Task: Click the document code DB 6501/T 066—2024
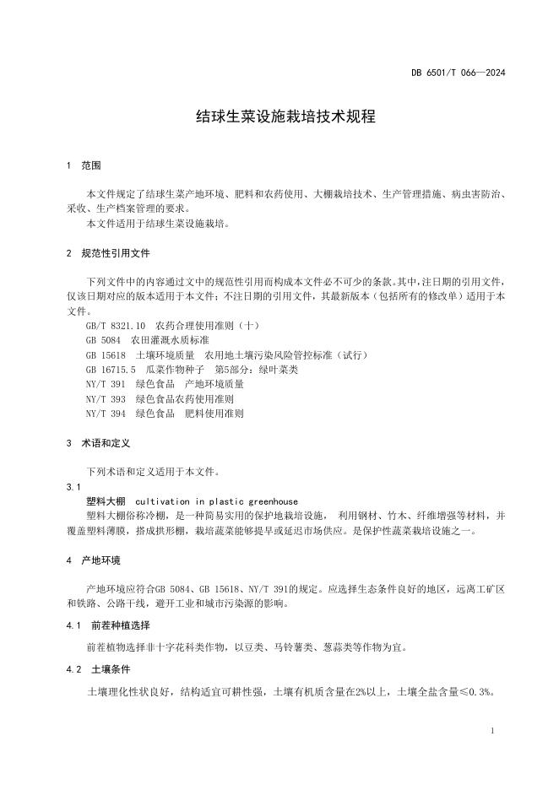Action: click(x=464, y=73)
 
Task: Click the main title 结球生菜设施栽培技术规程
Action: click(x=279, y=117)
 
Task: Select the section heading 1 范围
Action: click(x=83, y=165)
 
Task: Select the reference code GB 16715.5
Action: click(x=111, y=370)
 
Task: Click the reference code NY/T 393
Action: click(x=106, y=399)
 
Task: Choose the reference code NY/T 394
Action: click(x=106, y=414)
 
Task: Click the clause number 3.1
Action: click(x=73, y=487)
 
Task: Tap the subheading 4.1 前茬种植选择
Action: click(x=107, y=625)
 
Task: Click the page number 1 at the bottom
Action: click(x=493, y=731)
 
